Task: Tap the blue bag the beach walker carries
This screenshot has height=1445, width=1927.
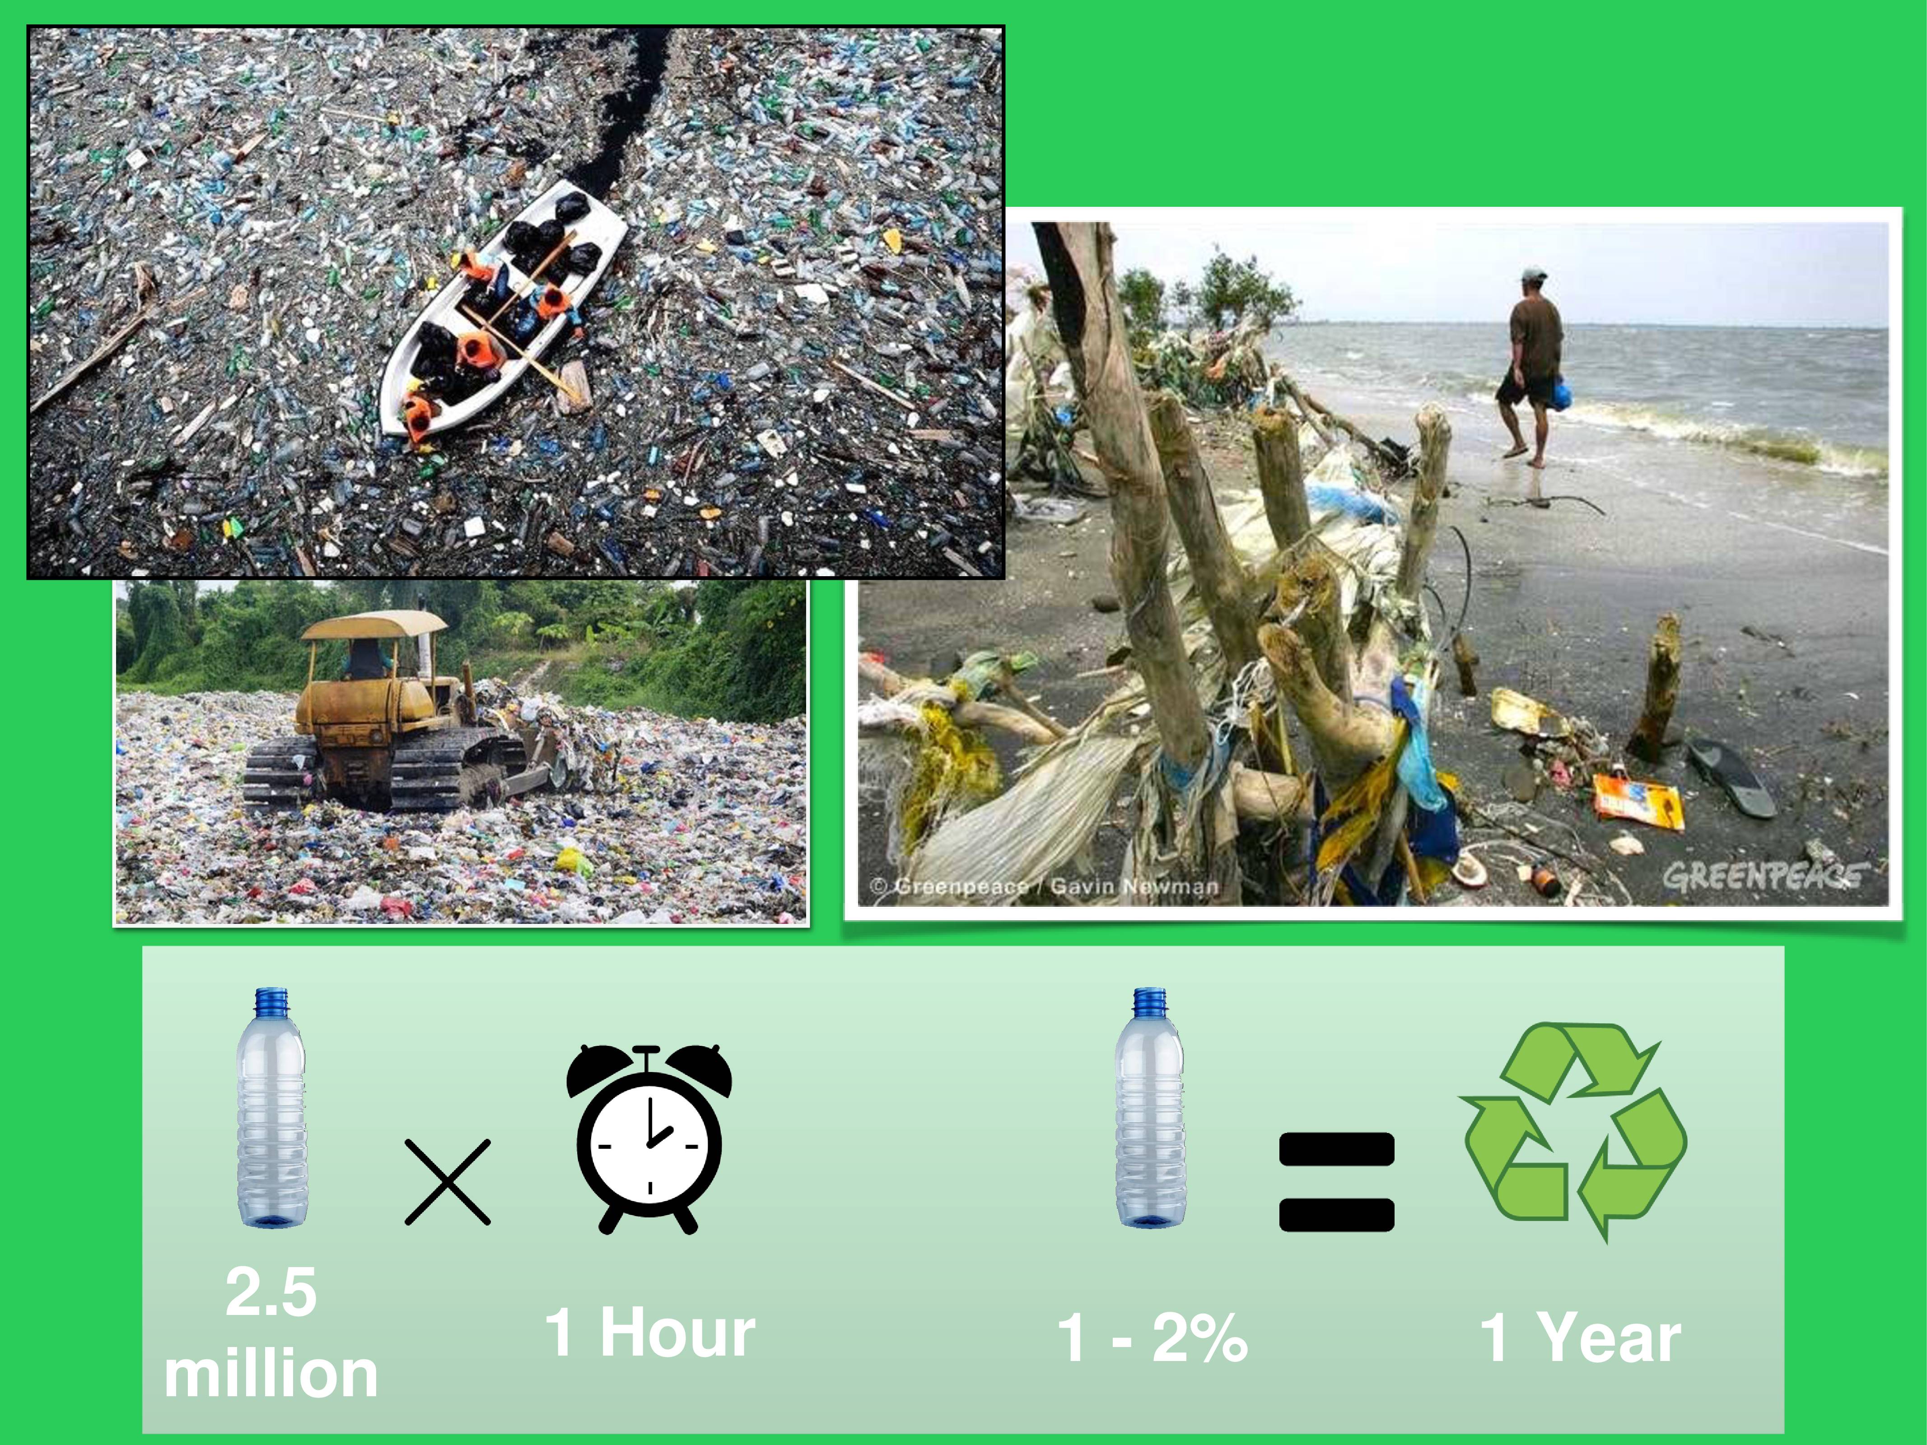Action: click(x=1560, y=394)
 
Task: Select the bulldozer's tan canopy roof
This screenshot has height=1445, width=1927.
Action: click(x=374, y=624)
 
